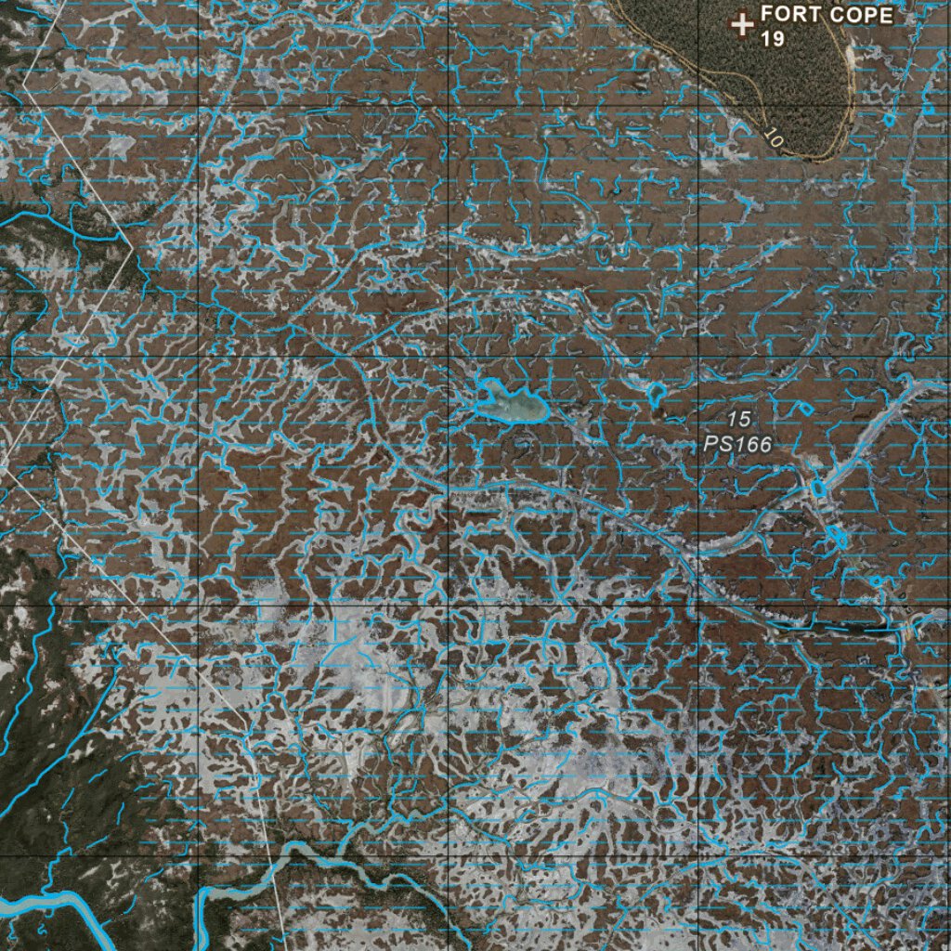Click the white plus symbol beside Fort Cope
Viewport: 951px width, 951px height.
[x=741, y=24]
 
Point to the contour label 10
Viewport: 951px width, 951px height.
[x=773, y=136]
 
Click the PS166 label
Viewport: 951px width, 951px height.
[x=737, y=445]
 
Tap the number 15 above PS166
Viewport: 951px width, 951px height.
[x=739, y=420]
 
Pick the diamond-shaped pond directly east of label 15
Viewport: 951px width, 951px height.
[x=805, y=407]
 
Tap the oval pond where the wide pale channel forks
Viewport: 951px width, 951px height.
[x=818, y=488]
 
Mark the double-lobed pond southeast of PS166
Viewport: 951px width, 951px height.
[x=837, y=536]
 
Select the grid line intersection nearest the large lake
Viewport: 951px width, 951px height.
[x=448, y=356]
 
